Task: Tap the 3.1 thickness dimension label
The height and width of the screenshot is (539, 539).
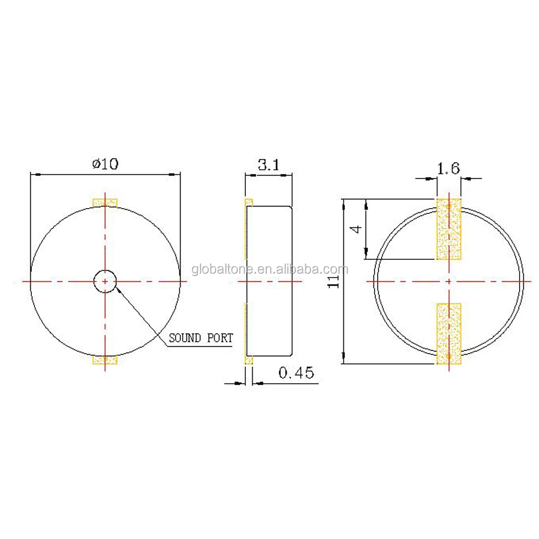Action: point(268,165)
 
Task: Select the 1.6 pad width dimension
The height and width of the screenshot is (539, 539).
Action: point(448,169)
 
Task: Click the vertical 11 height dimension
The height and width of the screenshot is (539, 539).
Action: point(335,280)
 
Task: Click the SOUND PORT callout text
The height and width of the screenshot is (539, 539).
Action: point(201,338)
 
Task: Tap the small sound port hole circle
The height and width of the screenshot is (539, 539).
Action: point(105,281)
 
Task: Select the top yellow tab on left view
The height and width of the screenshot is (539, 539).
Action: point(105,203)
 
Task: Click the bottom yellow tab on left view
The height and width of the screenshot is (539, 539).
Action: point(105,360)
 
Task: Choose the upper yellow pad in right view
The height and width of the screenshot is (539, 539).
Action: point(448,229)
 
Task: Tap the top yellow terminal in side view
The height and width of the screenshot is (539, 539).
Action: point(248,203)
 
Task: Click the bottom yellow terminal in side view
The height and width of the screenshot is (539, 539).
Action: point(248,360)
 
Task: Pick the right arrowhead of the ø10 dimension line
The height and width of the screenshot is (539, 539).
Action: point(175,174)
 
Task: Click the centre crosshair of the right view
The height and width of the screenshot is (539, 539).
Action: point(448,281)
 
